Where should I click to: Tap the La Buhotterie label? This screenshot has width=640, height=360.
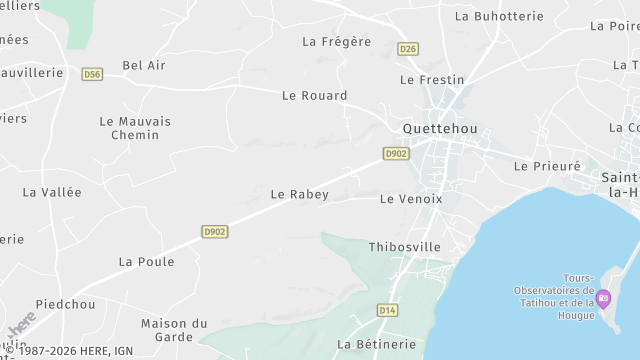498,16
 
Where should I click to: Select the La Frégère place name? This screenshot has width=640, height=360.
336,42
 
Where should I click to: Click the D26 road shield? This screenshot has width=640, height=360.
407,48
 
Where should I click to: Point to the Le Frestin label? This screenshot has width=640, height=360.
432,79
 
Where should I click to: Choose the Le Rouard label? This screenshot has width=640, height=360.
314,96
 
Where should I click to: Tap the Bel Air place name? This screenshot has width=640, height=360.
144,65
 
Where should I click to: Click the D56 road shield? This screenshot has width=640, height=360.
93,74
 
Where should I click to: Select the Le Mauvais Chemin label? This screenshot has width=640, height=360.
135,128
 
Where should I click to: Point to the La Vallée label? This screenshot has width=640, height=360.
52,192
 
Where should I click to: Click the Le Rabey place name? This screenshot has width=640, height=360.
299,194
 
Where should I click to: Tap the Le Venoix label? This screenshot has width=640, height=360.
411,199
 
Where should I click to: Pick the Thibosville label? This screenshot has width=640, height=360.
404,247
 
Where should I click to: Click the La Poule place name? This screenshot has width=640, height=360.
146,262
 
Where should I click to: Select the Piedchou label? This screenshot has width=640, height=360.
65,304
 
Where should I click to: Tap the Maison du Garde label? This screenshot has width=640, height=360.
174,330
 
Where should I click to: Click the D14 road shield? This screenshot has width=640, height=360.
388,310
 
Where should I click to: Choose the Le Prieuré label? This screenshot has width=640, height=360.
547,166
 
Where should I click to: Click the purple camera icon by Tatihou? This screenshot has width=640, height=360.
603,297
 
